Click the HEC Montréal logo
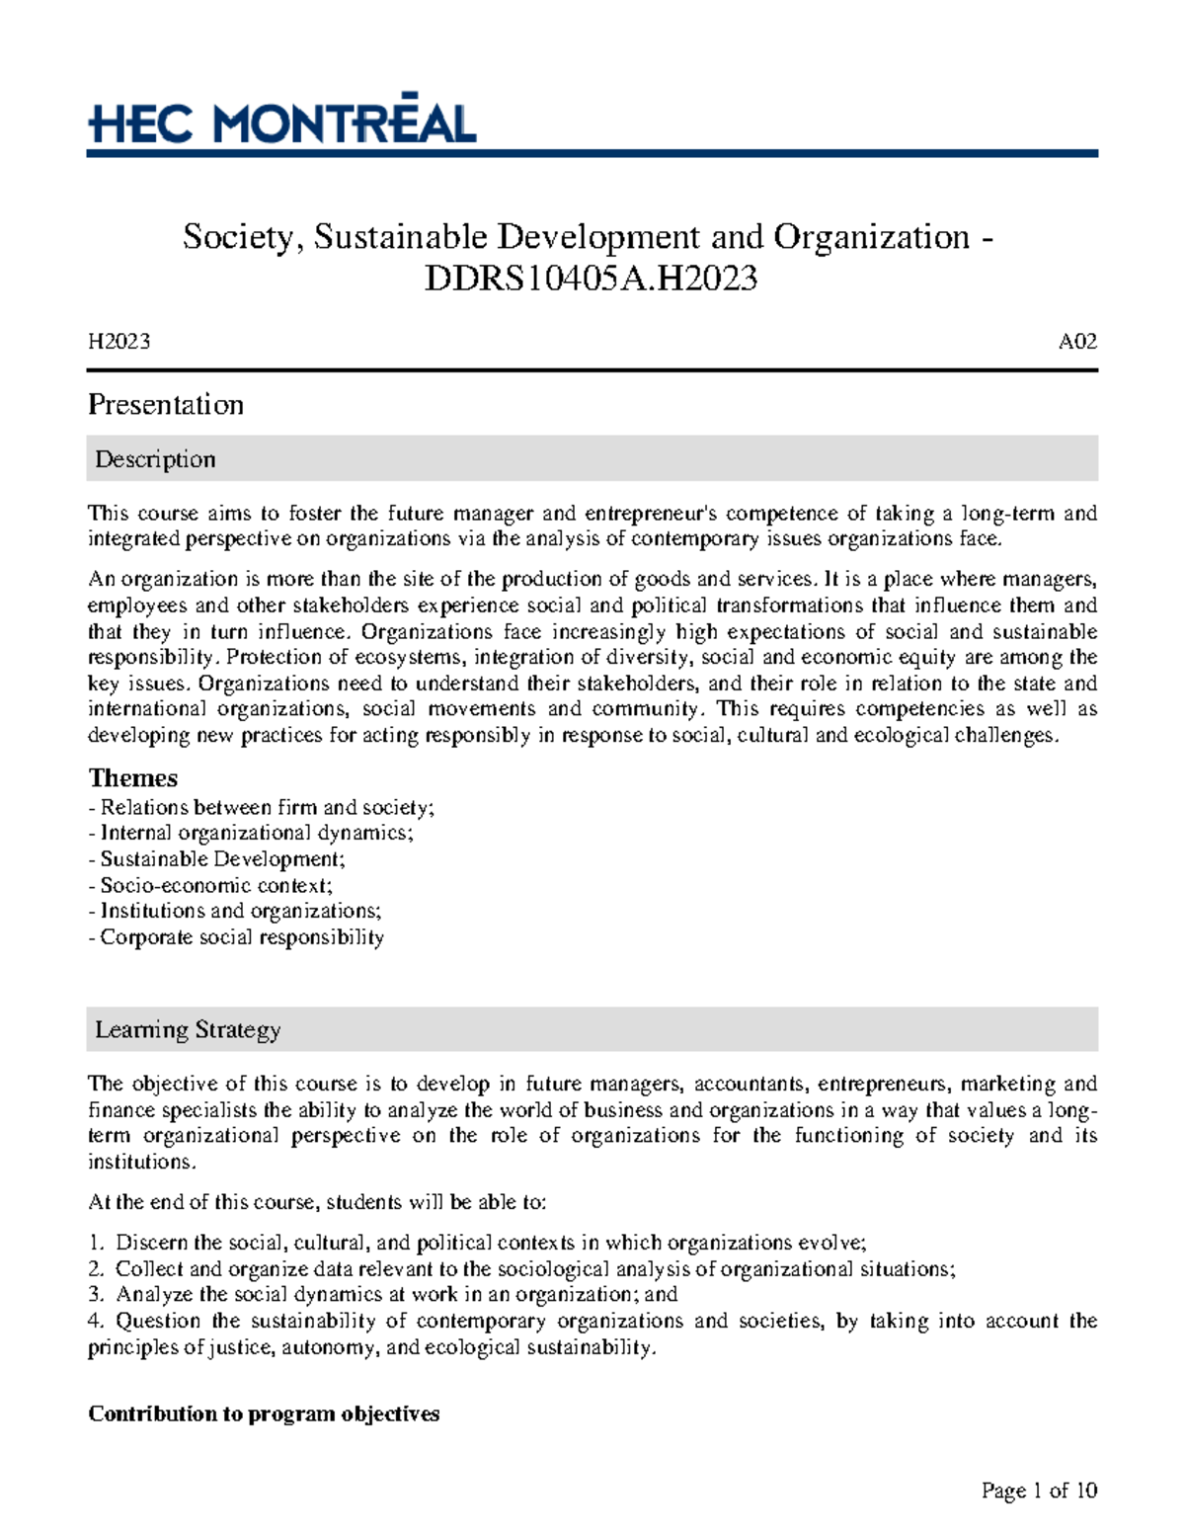click(282, 122)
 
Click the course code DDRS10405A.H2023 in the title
click(591, 280)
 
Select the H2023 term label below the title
click(118, 342)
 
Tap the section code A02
click(1077, 342)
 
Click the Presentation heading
click(165, 404)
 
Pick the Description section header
click(155, 459)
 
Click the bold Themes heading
click(132, 777)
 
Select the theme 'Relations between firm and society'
click(262, 807)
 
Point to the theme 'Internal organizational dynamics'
click(251, 833)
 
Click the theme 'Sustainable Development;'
click(217, 858)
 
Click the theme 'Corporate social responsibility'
click(236, 936)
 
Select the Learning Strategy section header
click(188, 1029)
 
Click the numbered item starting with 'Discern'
click(477, 1243)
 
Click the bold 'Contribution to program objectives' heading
click(264, 1413)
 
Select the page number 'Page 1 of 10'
click(1039, 1491)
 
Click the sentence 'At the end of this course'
click(316, 1202)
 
